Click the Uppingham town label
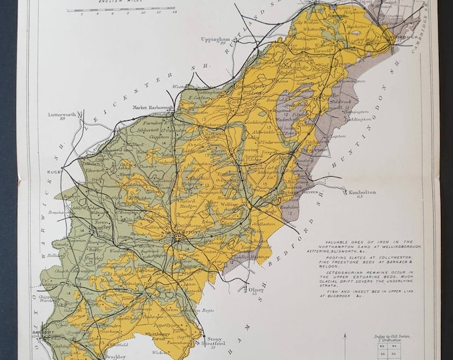pos(216,39)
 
